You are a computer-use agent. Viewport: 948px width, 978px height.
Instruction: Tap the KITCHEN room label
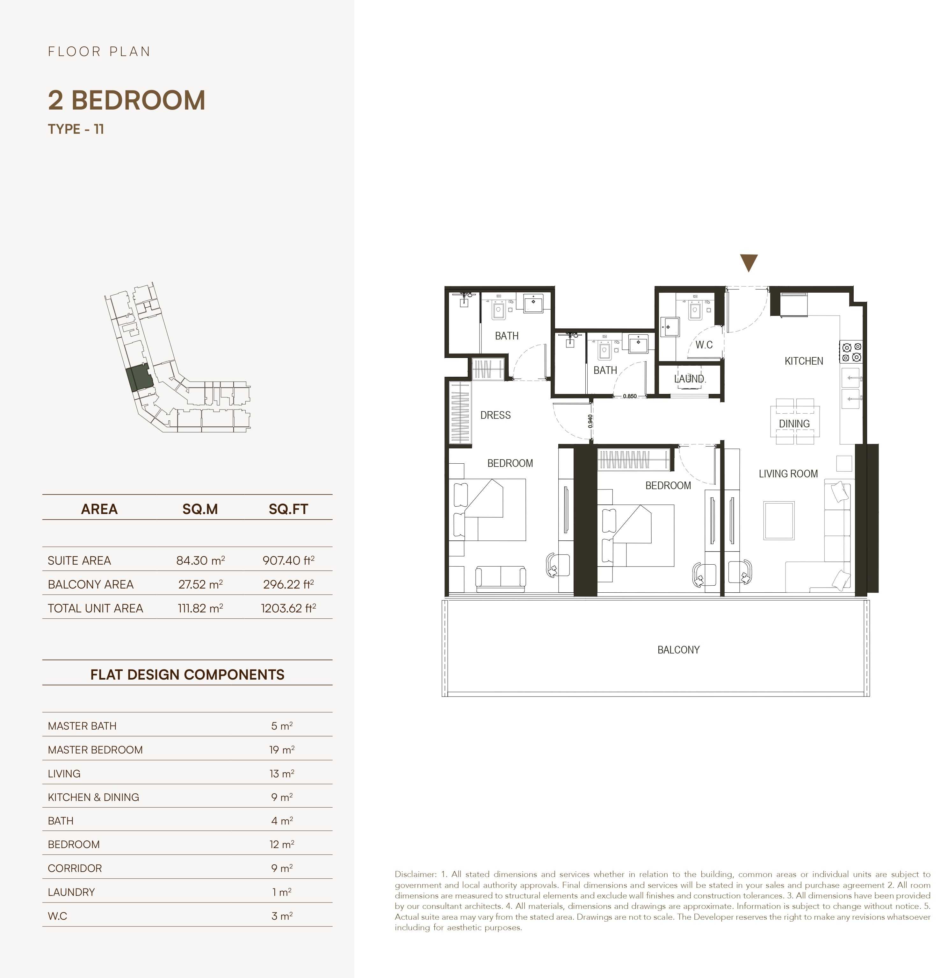(x=804, y=361)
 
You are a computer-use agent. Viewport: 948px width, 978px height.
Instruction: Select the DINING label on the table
(x=794, y=424)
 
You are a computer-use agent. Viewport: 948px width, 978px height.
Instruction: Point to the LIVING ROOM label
(x=788, y=474)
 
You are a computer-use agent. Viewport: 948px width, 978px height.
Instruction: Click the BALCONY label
(x=678, y=650)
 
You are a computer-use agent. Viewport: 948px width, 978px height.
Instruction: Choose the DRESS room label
(x=495, y=415)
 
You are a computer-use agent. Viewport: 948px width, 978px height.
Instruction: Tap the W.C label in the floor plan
(x=704, y=345)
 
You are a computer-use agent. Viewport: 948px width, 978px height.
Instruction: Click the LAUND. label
(x=690, y=379)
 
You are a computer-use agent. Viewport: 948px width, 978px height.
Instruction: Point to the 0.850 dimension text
(x=630, y=396)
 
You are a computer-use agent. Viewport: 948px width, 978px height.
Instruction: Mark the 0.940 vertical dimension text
(x=590, y=421)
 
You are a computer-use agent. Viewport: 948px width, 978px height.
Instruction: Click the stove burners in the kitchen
(x=851, y=352)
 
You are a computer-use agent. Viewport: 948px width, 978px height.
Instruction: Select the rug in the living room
(x=779, y=520)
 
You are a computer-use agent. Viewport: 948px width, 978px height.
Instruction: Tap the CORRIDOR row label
(x=75, y=868)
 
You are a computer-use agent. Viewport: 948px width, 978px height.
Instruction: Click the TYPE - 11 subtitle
(x=76, y=129)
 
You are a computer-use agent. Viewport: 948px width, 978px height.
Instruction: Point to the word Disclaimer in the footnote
(x=415, y=874)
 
